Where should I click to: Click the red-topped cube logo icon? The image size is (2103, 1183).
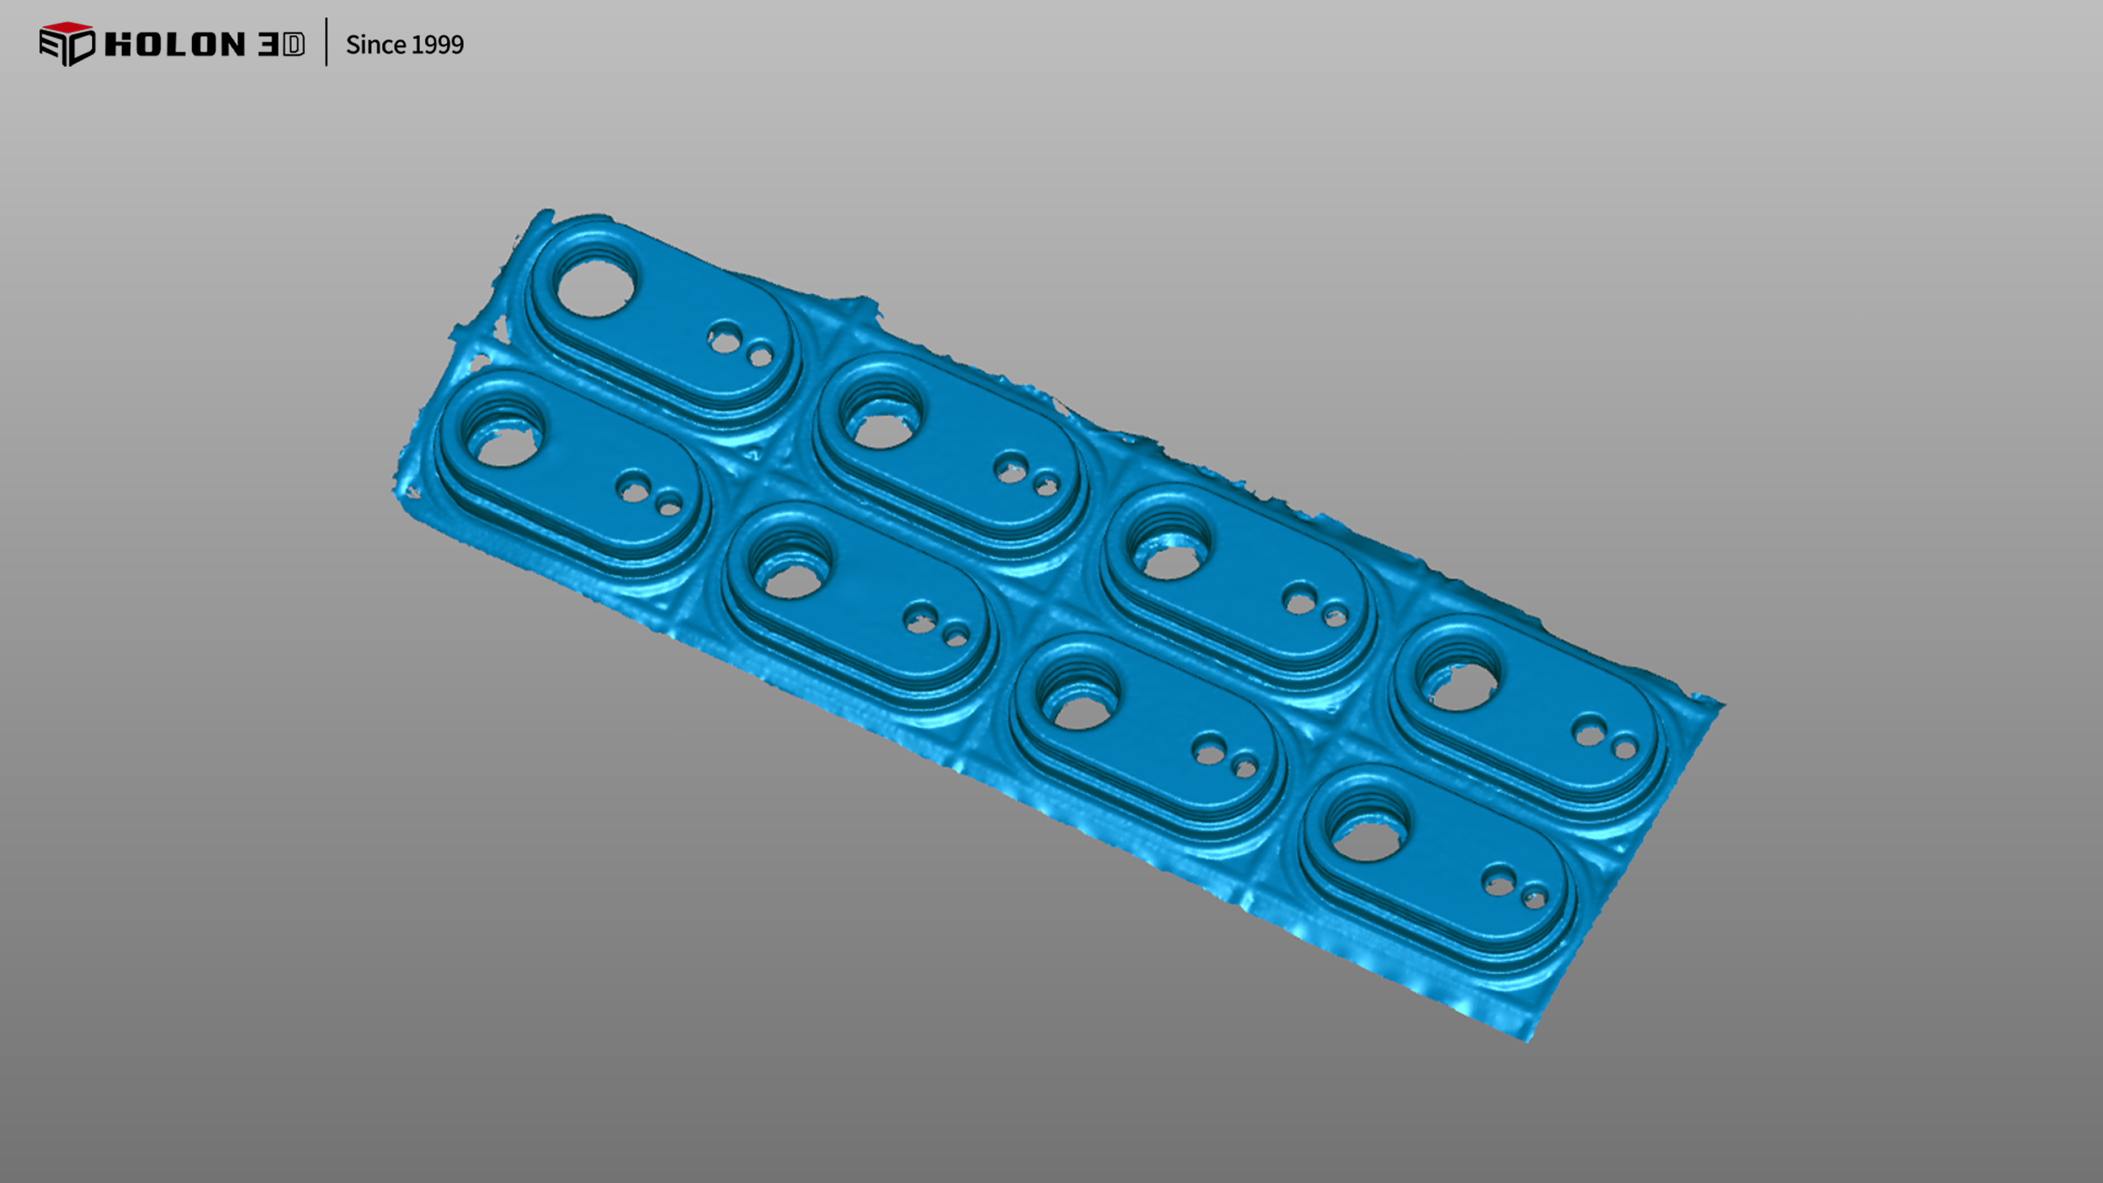tap(67, 44)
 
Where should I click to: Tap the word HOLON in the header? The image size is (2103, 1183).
tap(175, 45)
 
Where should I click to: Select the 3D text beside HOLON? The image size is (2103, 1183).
tap(281, 45)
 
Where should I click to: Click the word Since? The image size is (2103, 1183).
tap(376, 45)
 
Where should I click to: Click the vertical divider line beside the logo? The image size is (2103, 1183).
tap(326, 42)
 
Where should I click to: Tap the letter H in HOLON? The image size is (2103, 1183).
tap(118, 45)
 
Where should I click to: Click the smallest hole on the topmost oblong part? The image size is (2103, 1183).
tap(761, 356)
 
